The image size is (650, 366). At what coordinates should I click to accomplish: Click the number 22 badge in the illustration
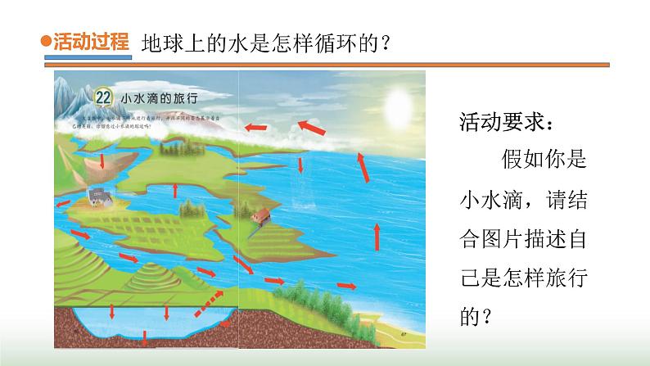pyautogui.click(x=103, y=97)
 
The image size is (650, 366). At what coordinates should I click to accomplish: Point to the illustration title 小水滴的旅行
pyautogui.click(x=160, y=97)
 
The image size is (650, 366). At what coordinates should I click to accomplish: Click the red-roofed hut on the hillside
pyautogui.click(x=260, y=217)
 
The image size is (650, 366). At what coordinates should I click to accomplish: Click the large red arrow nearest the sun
pyautogui.click(x=309, y=127)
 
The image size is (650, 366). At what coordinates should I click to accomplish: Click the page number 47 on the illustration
pyautogui.click(x=404, y=335)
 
